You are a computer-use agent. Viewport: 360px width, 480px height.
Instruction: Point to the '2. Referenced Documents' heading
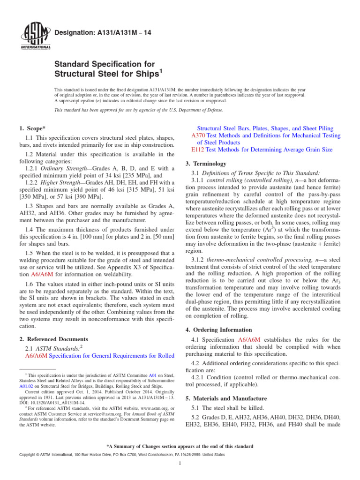(53, 339)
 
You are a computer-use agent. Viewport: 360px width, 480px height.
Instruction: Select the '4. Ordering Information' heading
(219, 330)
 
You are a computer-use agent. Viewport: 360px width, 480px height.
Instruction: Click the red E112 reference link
(198, 150)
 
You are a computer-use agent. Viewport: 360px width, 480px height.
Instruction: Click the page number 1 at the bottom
(180, 464)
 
